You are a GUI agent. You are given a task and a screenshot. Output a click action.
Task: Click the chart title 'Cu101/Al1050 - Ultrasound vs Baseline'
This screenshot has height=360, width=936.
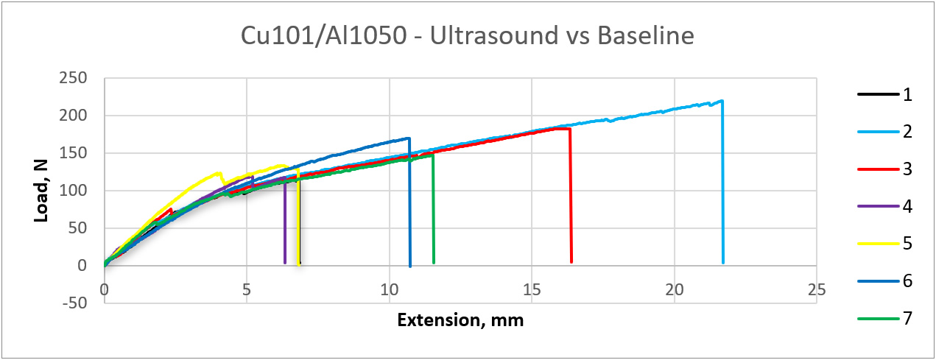[x=468, y=36]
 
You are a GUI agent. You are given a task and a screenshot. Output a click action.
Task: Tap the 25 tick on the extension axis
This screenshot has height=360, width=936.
[x=816, y=290]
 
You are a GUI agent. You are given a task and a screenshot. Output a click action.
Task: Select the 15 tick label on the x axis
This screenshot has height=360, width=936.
[x=531, y=290]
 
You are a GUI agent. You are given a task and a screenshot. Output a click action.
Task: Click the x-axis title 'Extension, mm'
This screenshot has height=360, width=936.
[x=460, y=320]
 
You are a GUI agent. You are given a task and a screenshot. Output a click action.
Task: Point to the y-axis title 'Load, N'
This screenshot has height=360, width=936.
[x=42, y=190]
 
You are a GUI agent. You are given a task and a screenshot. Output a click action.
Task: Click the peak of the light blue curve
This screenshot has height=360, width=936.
[x=722, y=101]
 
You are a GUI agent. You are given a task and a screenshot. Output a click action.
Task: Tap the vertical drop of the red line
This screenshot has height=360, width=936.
[x=571, y=199]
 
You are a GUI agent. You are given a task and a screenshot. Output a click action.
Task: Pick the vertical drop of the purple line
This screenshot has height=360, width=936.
[x=285, y=221]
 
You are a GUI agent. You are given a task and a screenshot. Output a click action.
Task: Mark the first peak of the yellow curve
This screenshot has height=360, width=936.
[x=219, y=173]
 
